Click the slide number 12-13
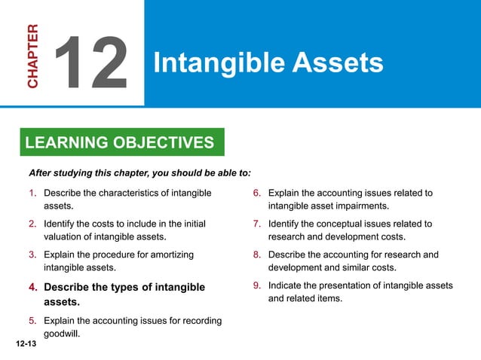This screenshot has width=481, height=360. (x=25, y=343)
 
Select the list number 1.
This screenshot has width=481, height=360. (x=32, y=194)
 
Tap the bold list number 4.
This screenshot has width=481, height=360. (x=32, y=288)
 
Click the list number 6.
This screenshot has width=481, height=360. (x=256, y=194)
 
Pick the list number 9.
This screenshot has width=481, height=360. (x=256, y=286)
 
